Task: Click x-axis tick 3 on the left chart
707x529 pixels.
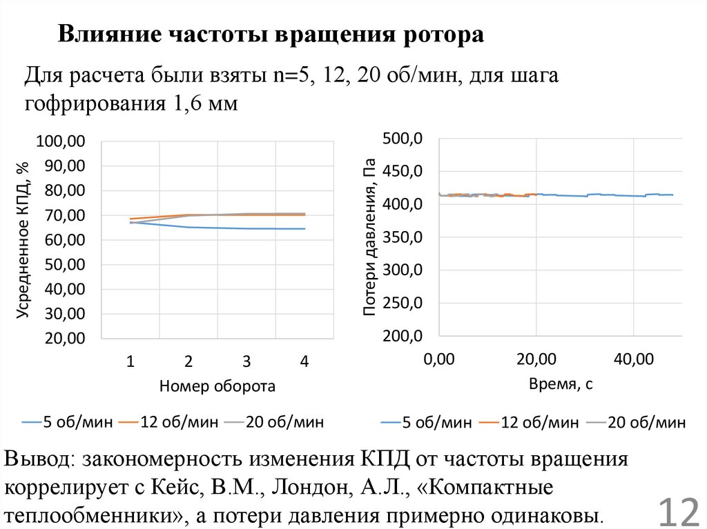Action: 246,361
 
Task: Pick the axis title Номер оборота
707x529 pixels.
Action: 217,387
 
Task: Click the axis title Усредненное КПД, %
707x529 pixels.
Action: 23,240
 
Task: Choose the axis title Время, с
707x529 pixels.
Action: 561,384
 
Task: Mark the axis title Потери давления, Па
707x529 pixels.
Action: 370,238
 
